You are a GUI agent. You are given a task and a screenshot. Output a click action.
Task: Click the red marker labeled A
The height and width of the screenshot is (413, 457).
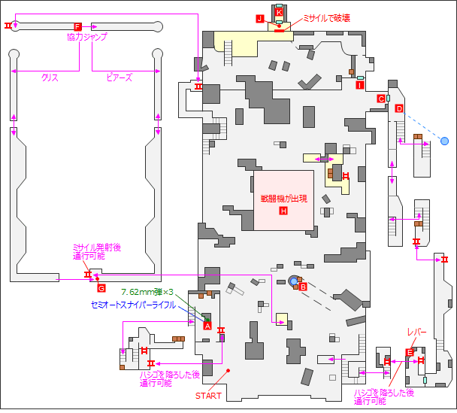(x=207, y=326)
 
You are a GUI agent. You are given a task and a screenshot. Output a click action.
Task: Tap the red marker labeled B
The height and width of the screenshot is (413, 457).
(x=303, y=286)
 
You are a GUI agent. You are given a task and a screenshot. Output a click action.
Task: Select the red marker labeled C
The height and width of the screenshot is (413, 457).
(x=381, y=99)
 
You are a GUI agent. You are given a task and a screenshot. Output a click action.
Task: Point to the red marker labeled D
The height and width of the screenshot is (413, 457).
(x=399, y=108)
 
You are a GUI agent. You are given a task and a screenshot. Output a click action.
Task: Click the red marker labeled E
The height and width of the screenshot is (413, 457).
(x=410, y=352)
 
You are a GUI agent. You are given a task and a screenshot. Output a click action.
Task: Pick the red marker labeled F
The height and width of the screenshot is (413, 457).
(x=77, y=27)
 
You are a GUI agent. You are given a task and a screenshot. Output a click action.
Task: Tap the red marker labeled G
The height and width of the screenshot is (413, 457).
(x=101, y=287)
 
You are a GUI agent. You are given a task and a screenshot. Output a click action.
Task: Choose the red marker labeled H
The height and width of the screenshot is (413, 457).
(x=283, y=211)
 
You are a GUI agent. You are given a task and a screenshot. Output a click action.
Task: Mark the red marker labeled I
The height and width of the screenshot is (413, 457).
(x=360, y=85)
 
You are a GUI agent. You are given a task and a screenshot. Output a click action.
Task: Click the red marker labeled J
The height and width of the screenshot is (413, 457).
(x=259, y=19)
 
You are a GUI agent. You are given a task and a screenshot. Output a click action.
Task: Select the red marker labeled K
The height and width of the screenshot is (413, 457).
(x=279, y=13)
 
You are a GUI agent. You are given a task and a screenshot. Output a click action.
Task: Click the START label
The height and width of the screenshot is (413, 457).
(x=208, y=396)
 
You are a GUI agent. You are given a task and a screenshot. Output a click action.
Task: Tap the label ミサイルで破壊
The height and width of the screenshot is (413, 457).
(x=326, y=17)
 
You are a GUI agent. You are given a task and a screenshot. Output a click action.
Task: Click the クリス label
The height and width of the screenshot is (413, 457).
(x=50, y=77)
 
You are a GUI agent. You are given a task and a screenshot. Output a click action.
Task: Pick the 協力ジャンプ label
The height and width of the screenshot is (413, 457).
(x=87, y=37)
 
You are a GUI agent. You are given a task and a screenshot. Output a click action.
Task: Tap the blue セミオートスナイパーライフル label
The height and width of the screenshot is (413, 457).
(x=132, y=305)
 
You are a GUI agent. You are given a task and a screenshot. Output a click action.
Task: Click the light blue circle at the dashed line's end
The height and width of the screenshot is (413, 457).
(x=444, y=141)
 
